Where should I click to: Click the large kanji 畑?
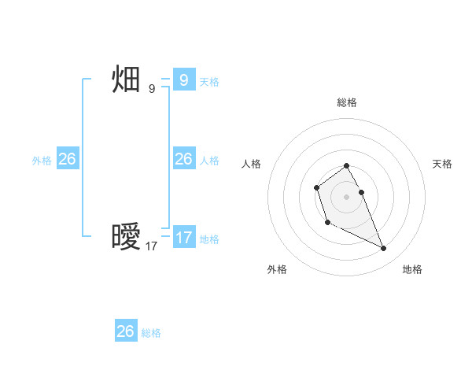[127, 80]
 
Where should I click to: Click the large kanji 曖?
[127, 237]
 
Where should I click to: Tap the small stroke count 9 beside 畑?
[152, 89]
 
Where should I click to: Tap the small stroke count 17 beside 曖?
[152, 246]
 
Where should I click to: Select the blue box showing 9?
[183, 80]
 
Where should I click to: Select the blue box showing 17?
[183, 238]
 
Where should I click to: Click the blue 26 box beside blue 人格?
[183, 159]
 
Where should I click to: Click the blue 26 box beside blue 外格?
[67, 159]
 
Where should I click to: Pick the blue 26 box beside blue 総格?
[126, 331]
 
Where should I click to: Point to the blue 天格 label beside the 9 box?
[209, 82]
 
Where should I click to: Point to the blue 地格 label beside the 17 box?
[209, 240]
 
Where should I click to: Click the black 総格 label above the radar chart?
[346, 102]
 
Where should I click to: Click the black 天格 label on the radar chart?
[443, 164]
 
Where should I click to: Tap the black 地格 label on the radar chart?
[412, 269]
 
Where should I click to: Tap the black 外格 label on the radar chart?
[277, 269]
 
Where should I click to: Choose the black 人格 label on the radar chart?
[251, 164]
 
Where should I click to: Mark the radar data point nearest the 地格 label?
[384, 249]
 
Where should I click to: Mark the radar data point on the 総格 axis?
[346, 165]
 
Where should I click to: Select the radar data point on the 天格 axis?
[361, 192]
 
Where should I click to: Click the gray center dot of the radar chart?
[346, 197]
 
